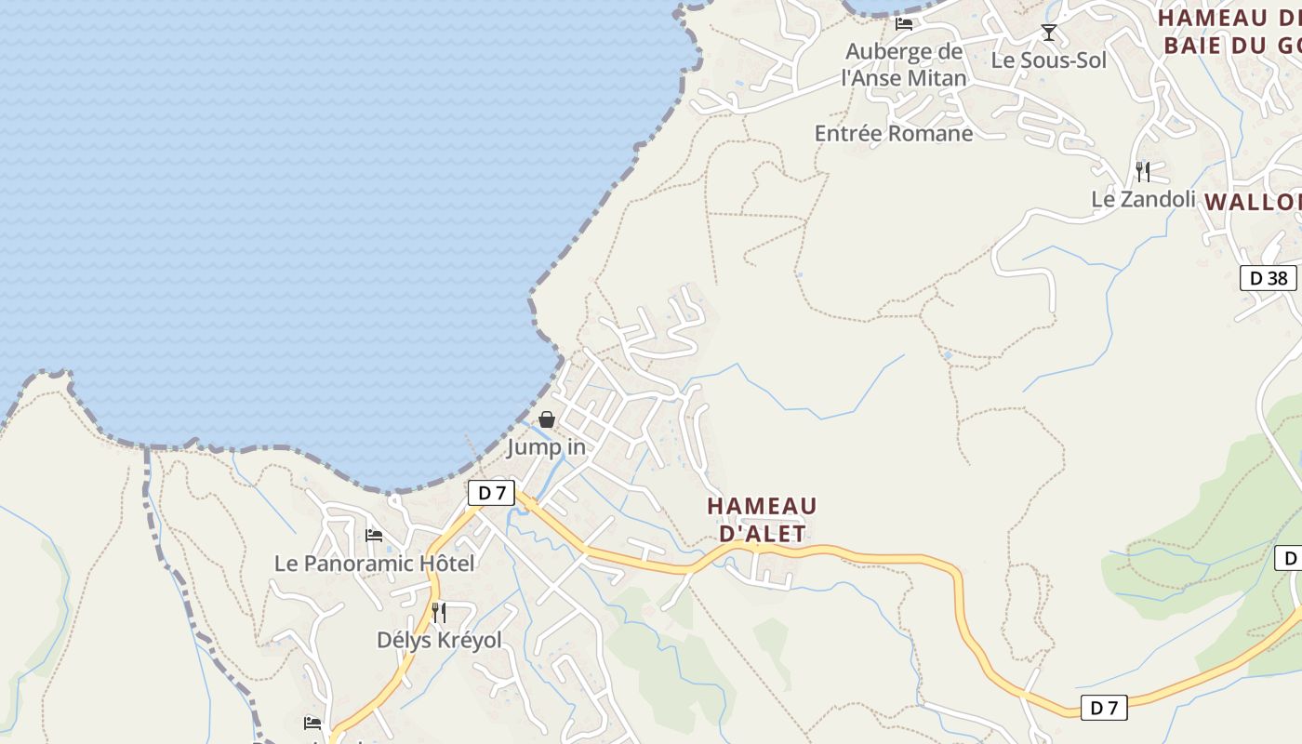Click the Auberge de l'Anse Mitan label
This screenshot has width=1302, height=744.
tap(904, 64)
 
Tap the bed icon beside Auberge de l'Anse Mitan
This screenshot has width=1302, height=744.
tap(904, 23)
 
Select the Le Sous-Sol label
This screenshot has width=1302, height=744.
tap(1049, 60)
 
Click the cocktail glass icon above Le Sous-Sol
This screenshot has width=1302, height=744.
tap(1049, 33)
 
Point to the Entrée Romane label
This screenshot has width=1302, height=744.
tap(894, 133)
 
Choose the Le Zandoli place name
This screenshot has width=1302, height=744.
tap(1143, 199)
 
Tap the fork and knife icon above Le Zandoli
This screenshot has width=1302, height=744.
tap(1143, 171)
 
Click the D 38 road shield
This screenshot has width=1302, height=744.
tap(1269, 277)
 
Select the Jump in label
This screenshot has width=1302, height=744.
tap(546, 447)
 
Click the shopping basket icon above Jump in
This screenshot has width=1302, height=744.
tap(547, 420)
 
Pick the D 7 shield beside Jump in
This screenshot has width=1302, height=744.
tap(491, 493)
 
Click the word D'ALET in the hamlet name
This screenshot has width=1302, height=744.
tap(762, 533)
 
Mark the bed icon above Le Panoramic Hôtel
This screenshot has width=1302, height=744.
tap(374, 536)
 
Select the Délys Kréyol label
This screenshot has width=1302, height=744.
tap(439, 640)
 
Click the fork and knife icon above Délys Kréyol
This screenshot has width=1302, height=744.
tap(439, 612)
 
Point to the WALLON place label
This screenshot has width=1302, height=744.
tap(1252, 202)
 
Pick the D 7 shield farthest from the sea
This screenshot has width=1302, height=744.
tap(1104, 708)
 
